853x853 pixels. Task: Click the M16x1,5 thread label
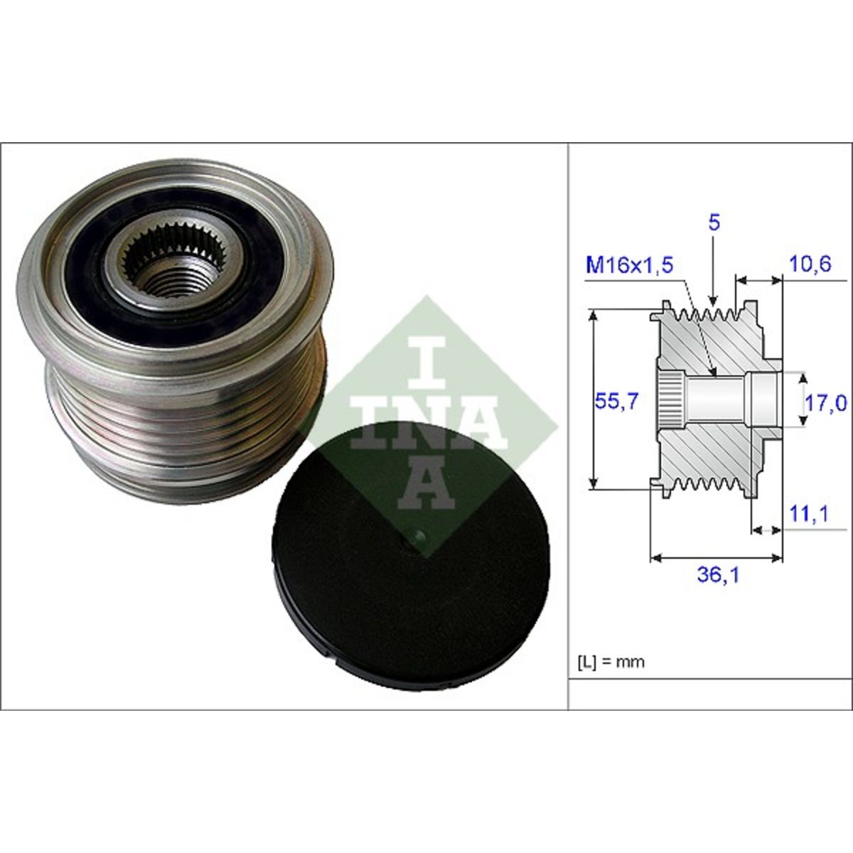point(629,266)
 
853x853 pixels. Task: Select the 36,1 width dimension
point(718,576)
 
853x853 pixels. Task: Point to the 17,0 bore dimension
point(825,403)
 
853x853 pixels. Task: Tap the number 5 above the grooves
point(714,222)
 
